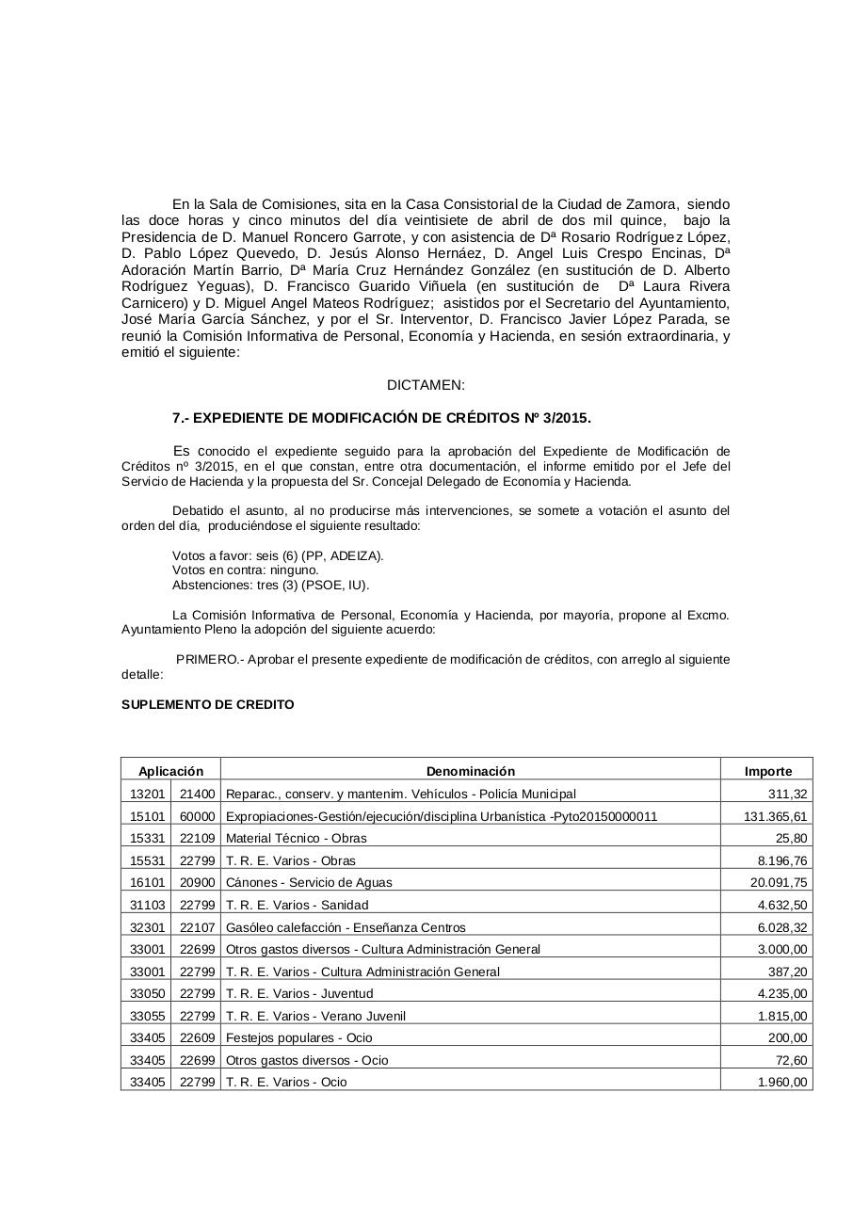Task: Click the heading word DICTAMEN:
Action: click(x=426, y=385)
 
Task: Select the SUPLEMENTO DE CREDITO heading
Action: click(x=207, y=704)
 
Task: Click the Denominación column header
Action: click(x=470, y=771)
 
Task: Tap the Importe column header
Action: click(x=767, y=771)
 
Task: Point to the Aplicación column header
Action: click(x=170, y=771)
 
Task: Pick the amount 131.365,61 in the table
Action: click(x=775, y=816)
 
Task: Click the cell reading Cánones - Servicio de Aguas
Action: click(x=309, y=883)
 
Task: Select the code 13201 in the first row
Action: click(x=147, y=794)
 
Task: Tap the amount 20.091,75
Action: click(x=779, y=883)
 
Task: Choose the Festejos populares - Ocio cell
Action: click(x=298, y=1037)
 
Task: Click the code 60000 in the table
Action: click(x=197, y=816)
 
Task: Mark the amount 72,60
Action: click(x=791, y=1060)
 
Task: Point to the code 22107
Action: click(x=197, y=927)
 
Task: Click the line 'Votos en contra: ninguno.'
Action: click(x=245, y=570)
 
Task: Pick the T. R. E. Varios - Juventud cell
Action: click(x=299, y=993)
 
